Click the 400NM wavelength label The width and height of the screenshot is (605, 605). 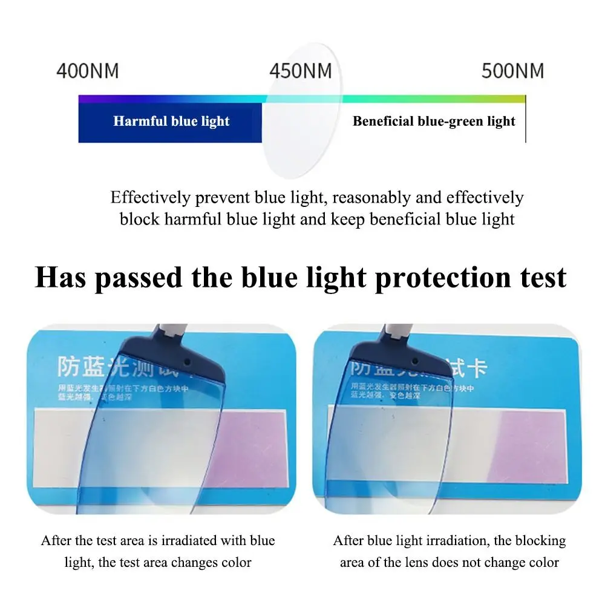88,71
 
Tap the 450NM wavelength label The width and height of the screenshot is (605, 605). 301,71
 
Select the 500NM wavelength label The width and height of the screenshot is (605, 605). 512,71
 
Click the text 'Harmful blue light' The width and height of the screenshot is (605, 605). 171,121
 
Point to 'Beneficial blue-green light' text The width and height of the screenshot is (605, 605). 434,121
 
